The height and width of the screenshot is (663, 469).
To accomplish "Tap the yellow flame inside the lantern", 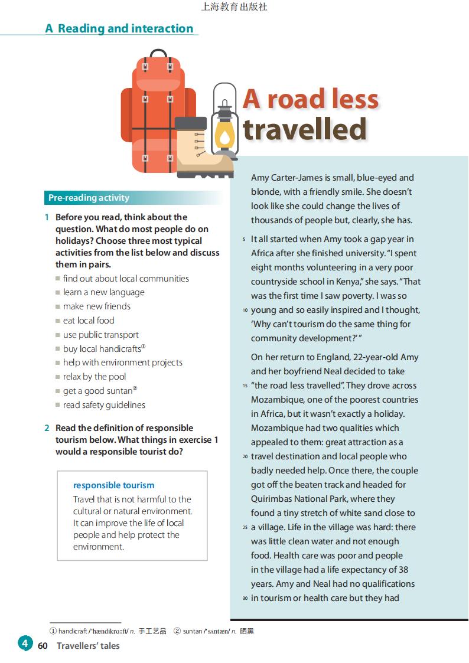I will tap(224, 138).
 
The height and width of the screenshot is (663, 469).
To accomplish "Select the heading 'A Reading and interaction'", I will tap(119, 28).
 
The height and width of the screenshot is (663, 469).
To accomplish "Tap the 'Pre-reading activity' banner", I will tap(89, 198).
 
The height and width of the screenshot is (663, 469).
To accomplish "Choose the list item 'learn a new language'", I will tap(103, 292).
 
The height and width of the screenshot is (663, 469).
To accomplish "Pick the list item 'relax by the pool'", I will tap(95, 377).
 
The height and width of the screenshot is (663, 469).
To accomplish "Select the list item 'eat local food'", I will tap(89, 321).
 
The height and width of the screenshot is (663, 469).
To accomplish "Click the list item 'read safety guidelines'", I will tap(104, 405).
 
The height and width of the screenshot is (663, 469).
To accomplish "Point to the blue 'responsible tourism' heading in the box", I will tap(113, 485).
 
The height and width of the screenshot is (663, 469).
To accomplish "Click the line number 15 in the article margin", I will tap(245, 386).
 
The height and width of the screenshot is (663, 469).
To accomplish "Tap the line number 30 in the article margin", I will tap(245, 599).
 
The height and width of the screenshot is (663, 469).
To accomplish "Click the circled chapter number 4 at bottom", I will tap(24, 644).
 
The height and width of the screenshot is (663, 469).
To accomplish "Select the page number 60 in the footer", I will tap(43, 646).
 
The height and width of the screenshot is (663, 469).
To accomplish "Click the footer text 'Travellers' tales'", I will tap(88, 646).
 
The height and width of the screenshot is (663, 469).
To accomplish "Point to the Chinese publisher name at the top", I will tap(234, 7).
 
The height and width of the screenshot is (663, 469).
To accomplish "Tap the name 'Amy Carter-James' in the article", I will tap(286, 178).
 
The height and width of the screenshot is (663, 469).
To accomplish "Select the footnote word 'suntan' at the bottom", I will tap(192, 631).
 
